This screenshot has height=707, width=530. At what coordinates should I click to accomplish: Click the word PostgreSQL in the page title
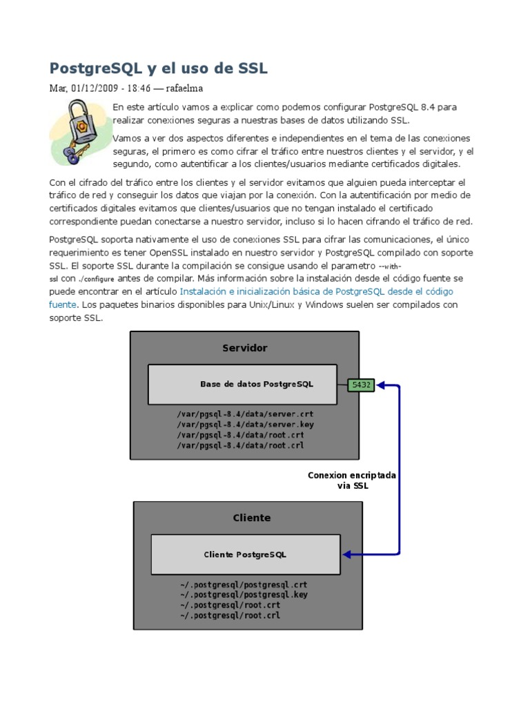95,68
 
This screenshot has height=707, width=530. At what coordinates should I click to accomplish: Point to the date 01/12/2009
94,88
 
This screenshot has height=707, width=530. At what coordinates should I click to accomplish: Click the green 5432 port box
361,385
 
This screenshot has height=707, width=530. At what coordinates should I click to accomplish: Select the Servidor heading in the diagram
244,348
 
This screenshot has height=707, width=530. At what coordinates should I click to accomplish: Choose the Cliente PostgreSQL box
245,554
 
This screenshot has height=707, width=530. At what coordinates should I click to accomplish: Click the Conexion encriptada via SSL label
352,481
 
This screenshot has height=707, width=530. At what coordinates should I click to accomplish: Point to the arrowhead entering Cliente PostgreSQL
347,554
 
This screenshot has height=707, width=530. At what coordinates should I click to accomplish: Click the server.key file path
244,425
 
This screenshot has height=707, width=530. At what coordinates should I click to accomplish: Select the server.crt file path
244,414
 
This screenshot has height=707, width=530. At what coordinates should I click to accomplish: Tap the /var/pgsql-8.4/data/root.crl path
240,445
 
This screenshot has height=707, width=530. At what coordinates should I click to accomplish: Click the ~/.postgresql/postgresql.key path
244,594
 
